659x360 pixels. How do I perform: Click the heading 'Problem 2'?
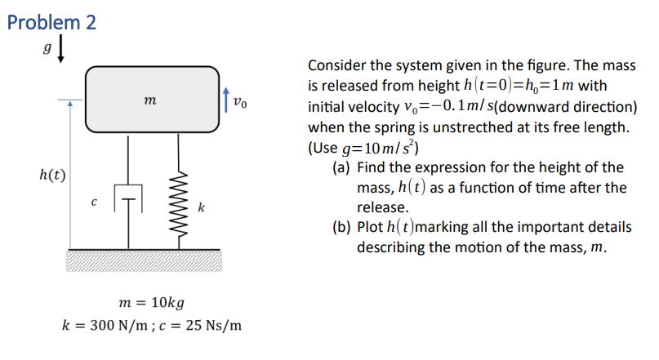tap(51, 22)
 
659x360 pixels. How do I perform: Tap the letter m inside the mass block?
tap(150, 100)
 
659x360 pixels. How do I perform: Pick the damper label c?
tap(95, 202)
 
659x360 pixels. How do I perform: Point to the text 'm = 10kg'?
tap(151, 302)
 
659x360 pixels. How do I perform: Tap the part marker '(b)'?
tap(342, 227)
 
